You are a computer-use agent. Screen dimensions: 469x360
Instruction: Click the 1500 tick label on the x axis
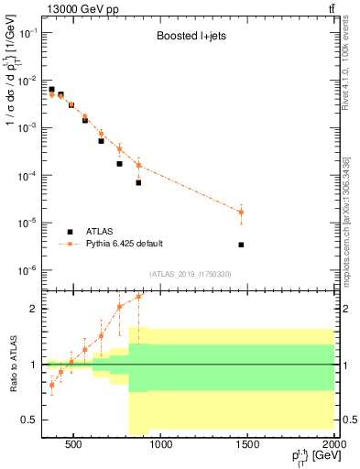pos(247,446)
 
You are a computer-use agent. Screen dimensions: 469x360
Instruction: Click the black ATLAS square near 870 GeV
pos(138,182)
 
